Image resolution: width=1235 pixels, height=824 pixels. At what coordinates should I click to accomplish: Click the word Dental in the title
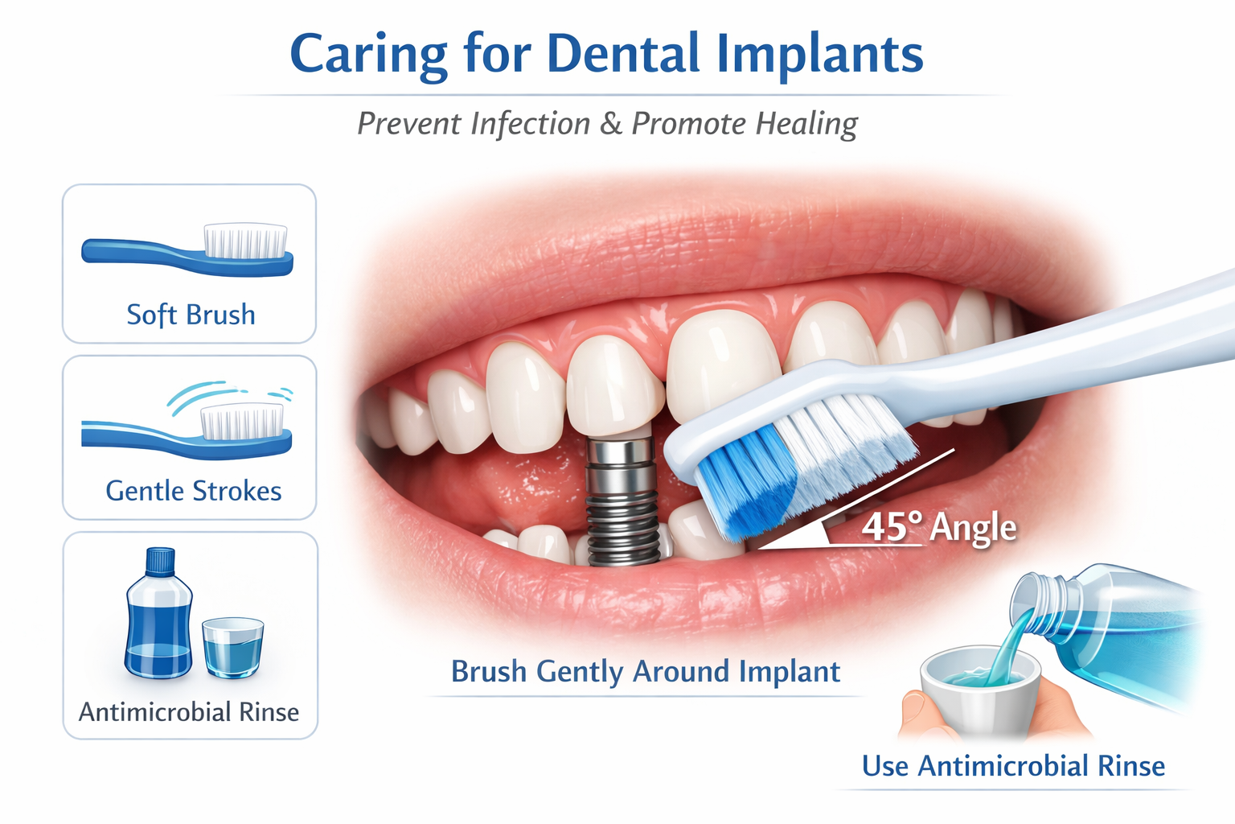point(623,55)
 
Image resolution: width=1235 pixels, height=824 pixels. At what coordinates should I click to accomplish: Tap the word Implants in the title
point(819,55)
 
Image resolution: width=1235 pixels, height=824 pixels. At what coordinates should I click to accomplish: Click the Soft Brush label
point(191,315)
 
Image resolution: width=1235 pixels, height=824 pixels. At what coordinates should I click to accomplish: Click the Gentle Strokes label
point(193,491)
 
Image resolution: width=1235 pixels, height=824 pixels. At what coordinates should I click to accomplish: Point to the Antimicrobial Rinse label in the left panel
point(189,712)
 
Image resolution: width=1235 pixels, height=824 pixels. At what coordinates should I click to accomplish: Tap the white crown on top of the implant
point(615,386)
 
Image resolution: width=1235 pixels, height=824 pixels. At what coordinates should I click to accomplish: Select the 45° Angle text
point(938,528)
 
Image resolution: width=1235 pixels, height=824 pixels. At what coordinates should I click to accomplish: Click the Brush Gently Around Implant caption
point(645,671)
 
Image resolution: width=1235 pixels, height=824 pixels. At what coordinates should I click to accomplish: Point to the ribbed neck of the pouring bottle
point(1045,599)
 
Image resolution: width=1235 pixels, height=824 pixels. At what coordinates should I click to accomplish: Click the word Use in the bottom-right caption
point(885,766)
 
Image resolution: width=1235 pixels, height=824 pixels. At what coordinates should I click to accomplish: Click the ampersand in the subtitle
point(610,124)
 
